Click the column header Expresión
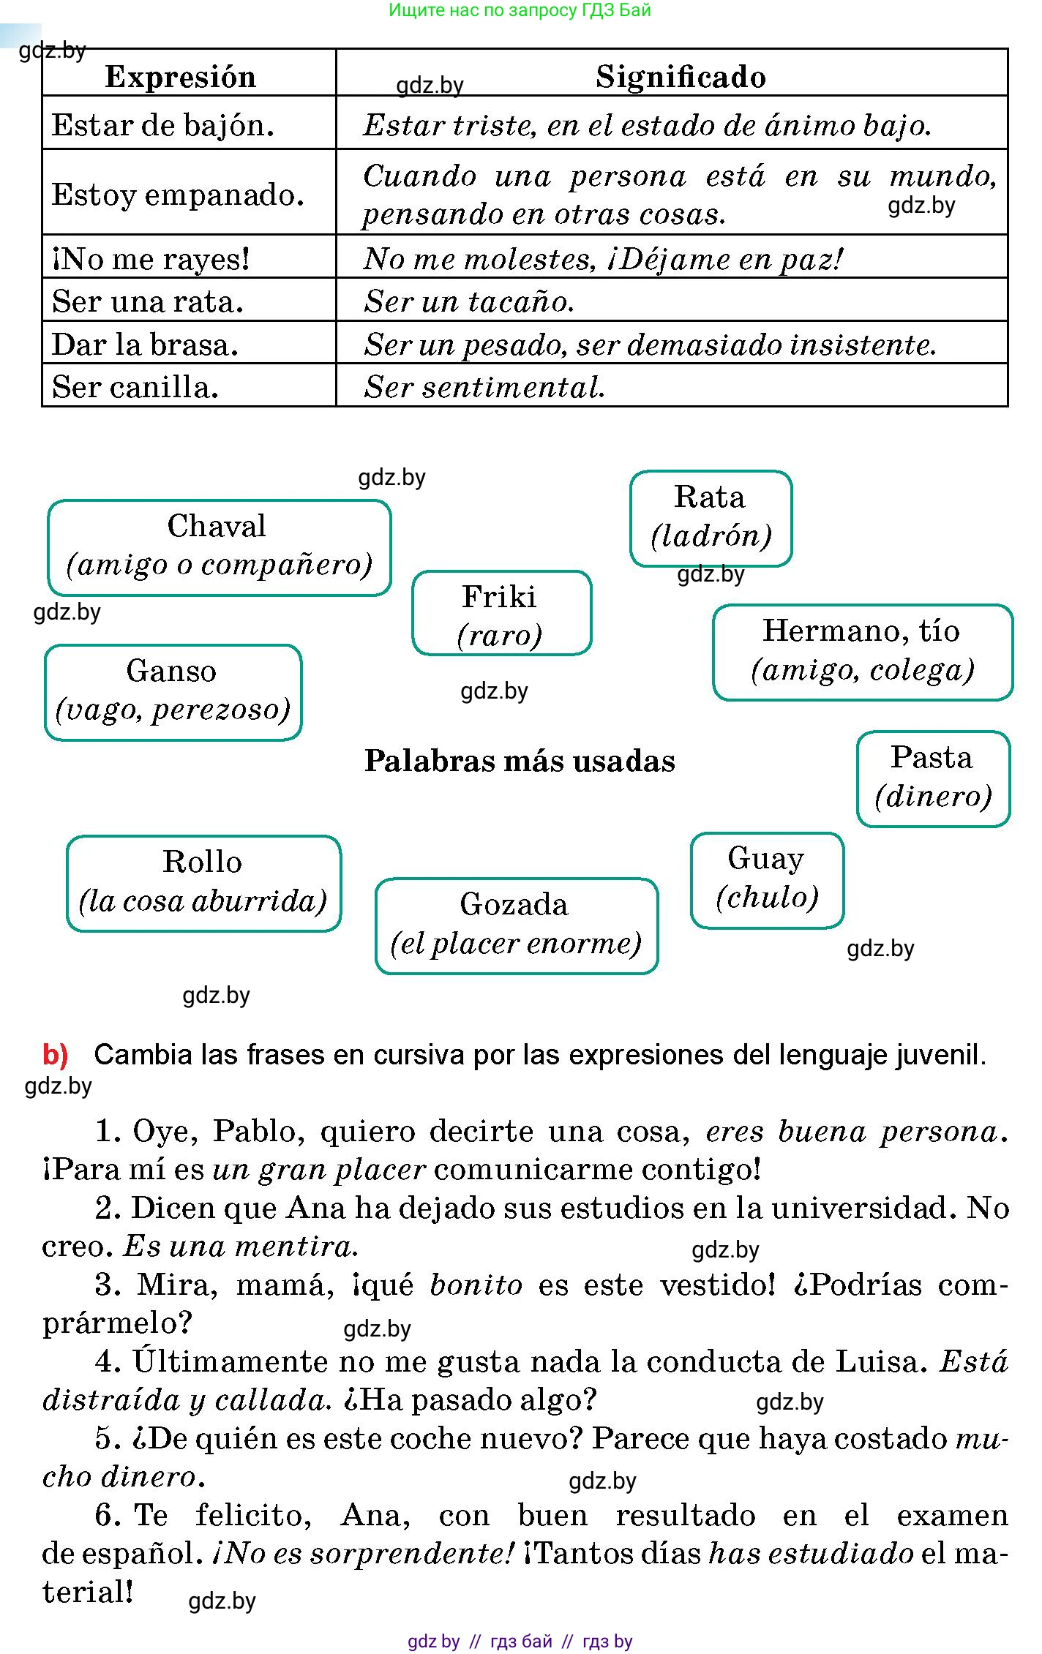(x=181, y=77)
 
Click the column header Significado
(x=680, y=77)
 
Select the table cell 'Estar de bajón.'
(x=163, y=125)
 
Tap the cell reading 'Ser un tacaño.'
(x=469, y=301)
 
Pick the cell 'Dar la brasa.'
(x=145, y=344)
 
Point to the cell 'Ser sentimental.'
(x=484, y=387)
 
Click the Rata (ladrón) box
(x=711, y=517)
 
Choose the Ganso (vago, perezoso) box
(x=173, y=691)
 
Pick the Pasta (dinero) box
(x=933, y=778)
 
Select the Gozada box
(x=516, y=925)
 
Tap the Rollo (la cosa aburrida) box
(x=203, y=882)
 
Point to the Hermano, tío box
(x=862, y=651)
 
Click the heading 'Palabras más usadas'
(x=520, y=761)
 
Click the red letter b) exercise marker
(x=56, y=1054)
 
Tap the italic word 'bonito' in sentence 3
(x=476, y=1285)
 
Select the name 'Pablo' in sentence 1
(x=254, y=1131)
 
